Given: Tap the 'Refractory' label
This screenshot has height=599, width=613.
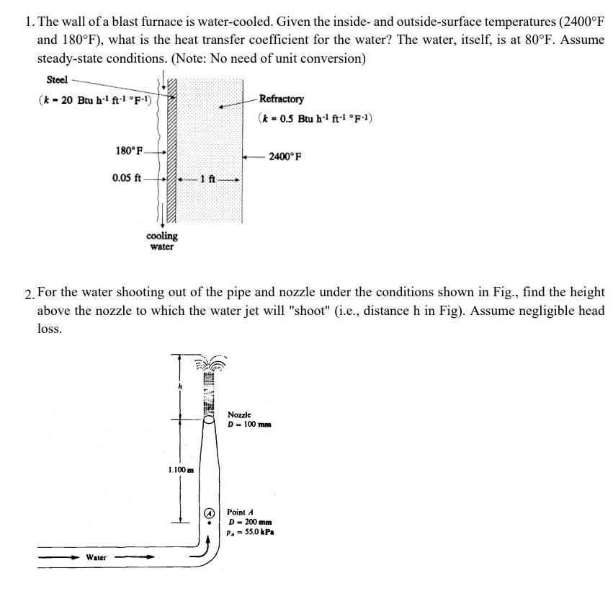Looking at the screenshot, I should tap(281, 99).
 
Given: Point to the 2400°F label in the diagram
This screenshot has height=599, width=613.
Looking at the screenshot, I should tap(285, 156).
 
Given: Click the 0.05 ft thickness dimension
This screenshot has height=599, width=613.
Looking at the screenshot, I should tap(127, 177).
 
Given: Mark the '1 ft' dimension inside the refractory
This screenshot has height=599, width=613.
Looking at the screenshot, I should tap(207, 178).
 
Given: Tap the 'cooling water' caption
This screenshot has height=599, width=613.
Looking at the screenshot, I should tap(161, 241).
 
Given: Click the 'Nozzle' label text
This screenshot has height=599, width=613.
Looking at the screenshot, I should tap(239, 415).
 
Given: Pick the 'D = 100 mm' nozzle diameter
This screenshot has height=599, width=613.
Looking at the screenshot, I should tap(249, 425).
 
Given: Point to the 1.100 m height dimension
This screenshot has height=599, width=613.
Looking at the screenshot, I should tap(181, 470).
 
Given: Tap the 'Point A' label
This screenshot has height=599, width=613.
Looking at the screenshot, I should tap(240, 512).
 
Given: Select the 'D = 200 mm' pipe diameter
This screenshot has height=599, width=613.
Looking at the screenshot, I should tap(249, 522).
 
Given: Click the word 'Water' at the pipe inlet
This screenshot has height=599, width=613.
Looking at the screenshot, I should tap(96, 557).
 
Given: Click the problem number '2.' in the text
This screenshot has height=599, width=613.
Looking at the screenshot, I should tap(28, 293).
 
